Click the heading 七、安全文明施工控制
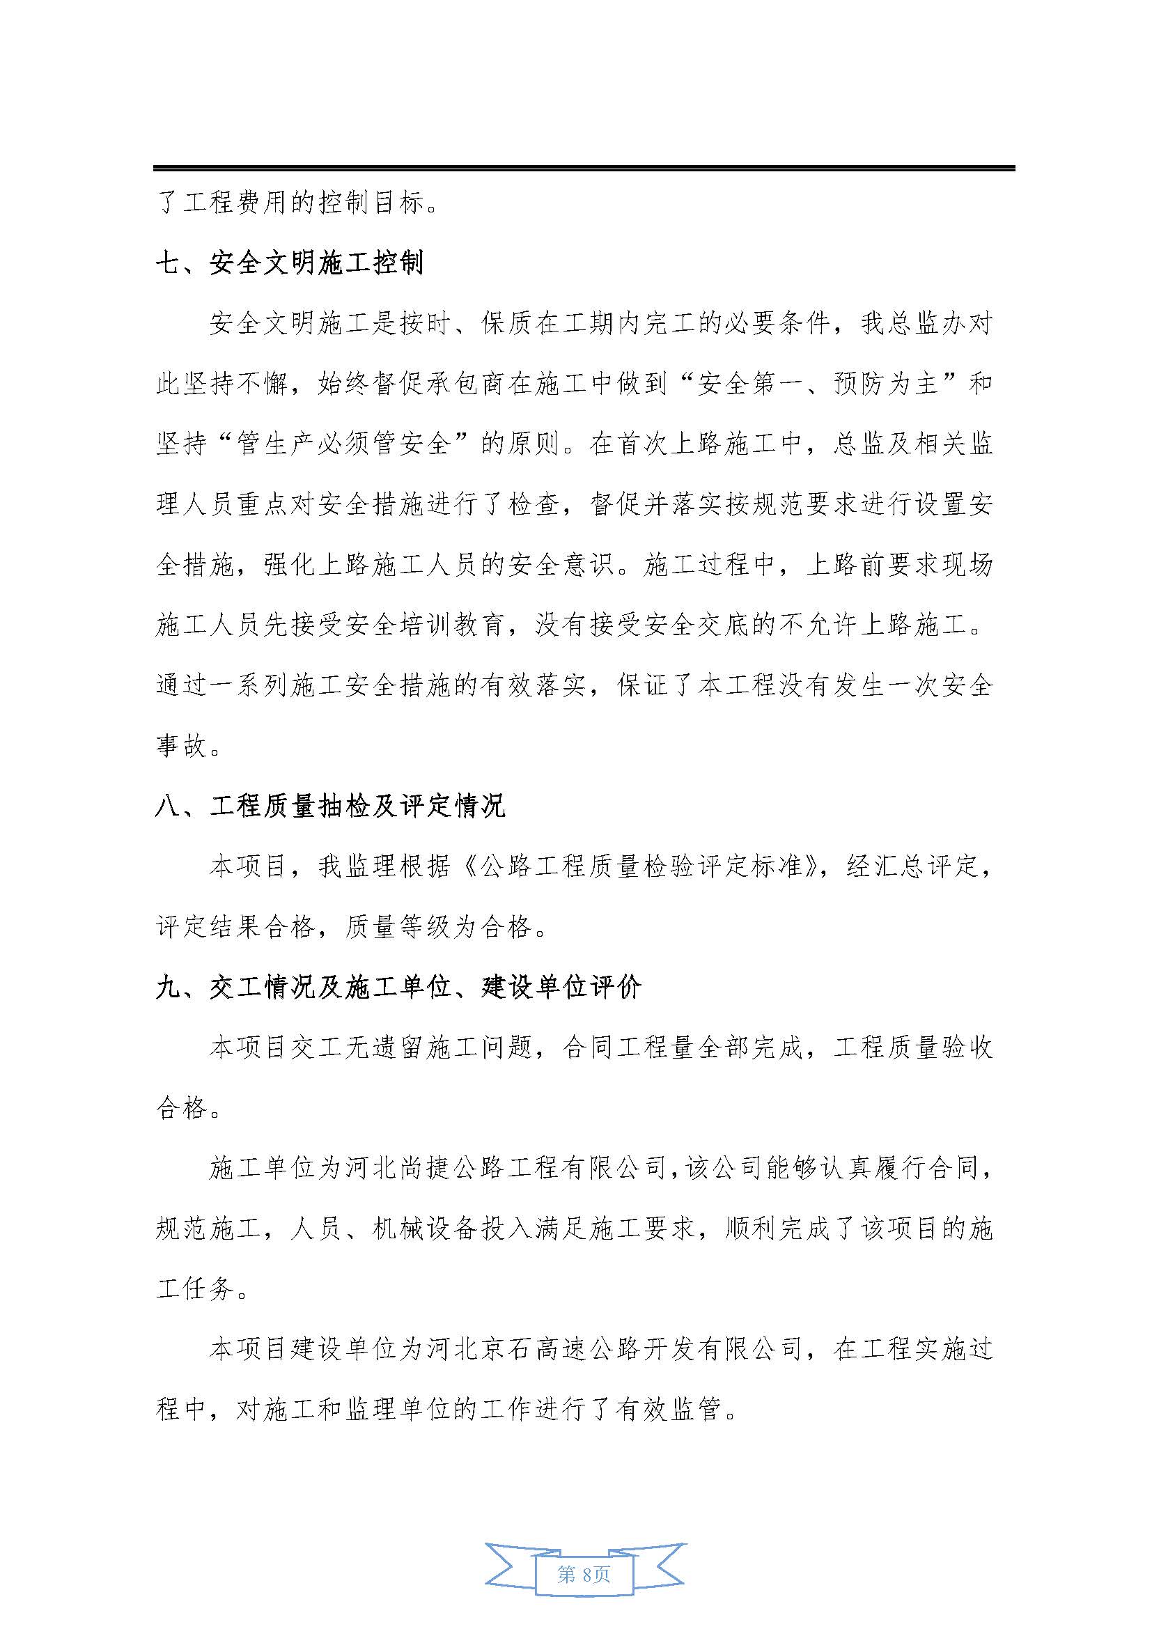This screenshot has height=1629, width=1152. [x=290, y=264]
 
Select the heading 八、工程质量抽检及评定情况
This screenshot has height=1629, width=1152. [x=330, y=807]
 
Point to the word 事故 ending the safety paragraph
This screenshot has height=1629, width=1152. [x=182, y=747]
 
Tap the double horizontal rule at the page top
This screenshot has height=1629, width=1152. [x=584, y=168]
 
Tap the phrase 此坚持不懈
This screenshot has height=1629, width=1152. [x=221, y=384]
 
